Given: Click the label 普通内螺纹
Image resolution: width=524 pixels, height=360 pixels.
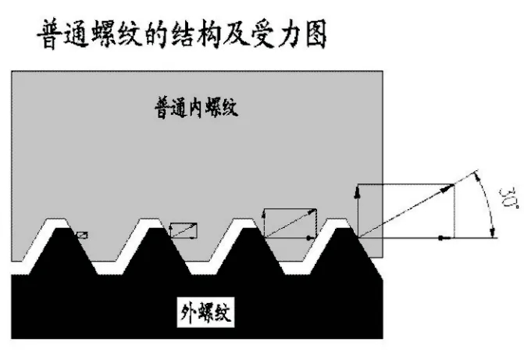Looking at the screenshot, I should tap(194, 109).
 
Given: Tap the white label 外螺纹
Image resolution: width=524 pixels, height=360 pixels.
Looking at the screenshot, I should tap(205, 315).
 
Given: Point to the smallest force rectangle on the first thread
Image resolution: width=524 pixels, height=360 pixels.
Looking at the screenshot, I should tap(82, 233).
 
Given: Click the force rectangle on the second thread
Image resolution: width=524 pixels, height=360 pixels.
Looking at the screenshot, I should tap(183, 230).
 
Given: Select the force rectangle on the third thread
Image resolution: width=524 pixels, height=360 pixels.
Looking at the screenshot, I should tap(290, 223).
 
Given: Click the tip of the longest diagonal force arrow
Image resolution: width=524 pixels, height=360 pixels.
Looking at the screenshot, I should tap(453, 185).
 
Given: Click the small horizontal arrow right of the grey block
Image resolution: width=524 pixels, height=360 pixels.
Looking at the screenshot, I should tap(443, 237).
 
